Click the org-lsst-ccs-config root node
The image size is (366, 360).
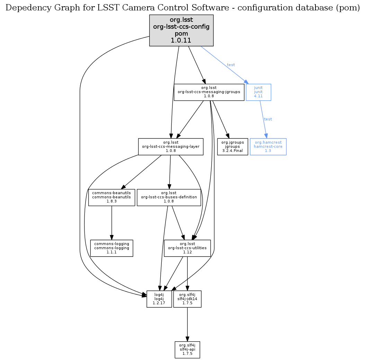coord(181,30)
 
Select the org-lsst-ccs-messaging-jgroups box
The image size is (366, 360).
coord(209,92)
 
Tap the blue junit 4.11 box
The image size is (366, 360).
coord(258,92)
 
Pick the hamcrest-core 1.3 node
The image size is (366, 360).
coord(268,147)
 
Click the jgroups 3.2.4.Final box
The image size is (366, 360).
coord(233,147)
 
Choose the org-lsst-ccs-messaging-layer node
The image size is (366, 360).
coord(171,147)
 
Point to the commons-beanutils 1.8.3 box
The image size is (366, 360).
coord(111,197)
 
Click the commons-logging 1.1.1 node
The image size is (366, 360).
coord(111,248)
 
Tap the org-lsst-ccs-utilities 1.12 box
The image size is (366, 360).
coord(187,248)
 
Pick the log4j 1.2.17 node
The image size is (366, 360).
coord(159,299)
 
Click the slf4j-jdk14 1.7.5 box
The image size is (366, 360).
coord(187,299)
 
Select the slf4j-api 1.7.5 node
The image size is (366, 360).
coord(187,350)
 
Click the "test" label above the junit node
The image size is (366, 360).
coord(231,65)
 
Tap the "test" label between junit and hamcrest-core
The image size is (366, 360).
coord(268,119)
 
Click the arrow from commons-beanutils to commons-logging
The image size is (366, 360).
coord(111,222)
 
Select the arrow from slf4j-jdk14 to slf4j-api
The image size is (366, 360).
coord(187,324)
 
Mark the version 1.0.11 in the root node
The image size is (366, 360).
coord(181,40)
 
